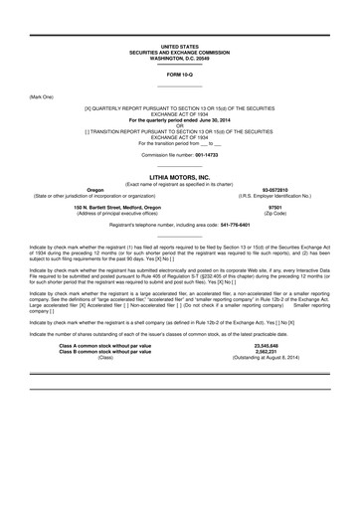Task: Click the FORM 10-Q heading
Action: click(180, 75)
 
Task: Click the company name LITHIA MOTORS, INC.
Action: click(180, 174)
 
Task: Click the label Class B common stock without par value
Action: click(109, 380)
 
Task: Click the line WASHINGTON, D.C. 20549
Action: click(180, 57)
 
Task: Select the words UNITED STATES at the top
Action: click(180, 46)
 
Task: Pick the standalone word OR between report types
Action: click(180, 125)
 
